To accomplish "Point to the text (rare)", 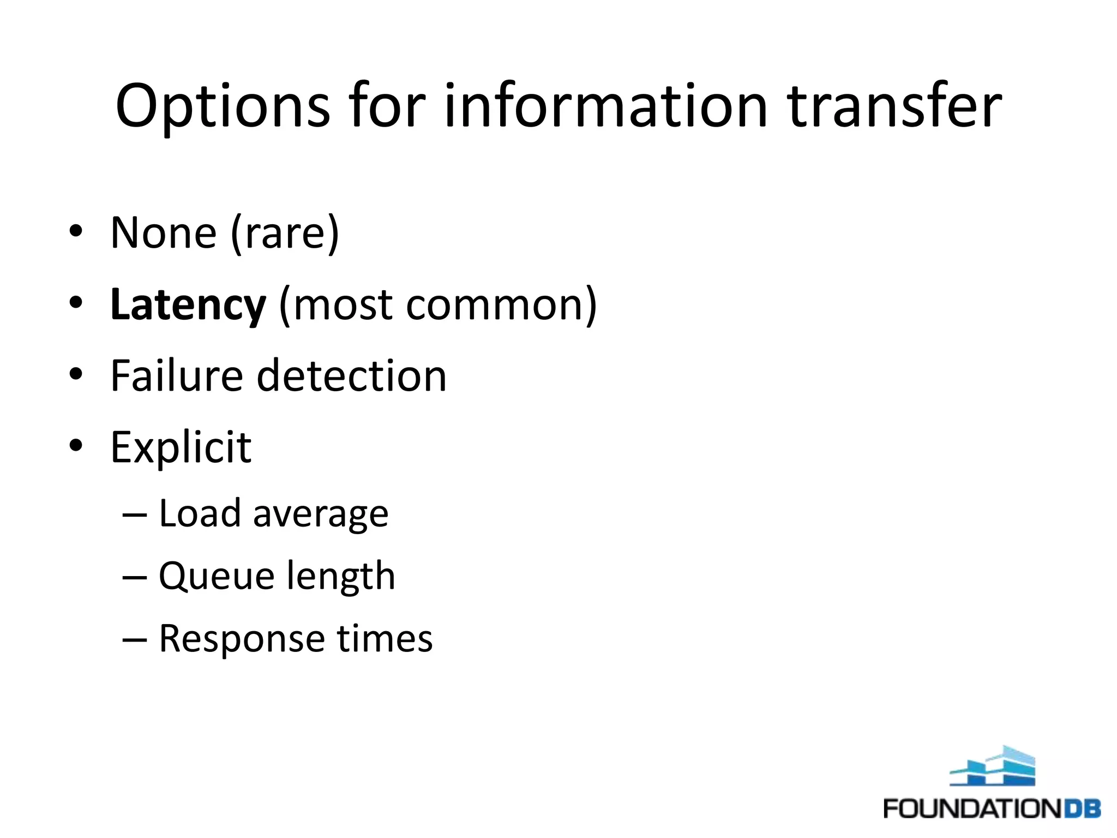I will point(285,234).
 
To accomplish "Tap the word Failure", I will point(176,376).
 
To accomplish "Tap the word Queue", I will point(217,577).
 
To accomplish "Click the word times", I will point(385,638).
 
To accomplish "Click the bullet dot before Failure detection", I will point(76,375).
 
